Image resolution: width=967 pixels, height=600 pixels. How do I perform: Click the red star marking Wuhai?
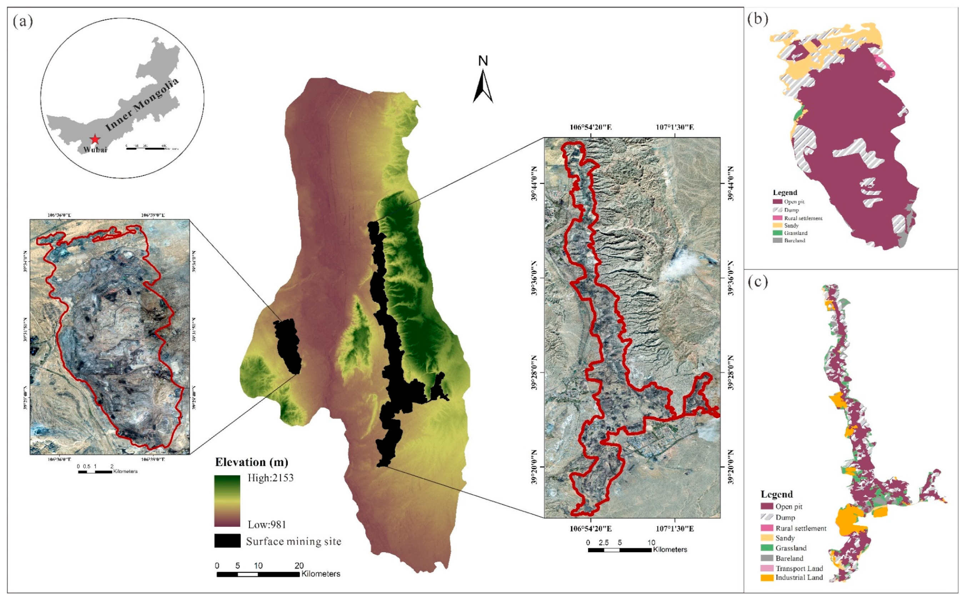[95, 139]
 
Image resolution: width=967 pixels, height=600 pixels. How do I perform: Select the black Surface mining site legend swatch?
[227, 541]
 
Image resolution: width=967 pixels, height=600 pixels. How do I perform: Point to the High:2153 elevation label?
[271, 478]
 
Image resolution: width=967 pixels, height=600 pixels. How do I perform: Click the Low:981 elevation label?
[266, 525]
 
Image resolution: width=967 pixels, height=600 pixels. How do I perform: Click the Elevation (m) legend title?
[251, 462]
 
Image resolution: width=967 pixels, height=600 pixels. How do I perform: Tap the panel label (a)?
[23, 21]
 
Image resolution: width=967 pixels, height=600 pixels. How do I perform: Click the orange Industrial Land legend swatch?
[767, 578]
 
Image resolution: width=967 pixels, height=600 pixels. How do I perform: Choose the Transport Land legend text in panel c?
[799, 568]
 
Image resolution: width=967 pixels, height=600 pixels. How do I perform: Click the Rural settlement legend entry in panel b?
[803, 218]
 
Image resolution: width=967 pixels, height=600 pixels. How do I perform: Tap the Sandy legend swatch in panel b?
[777, 225]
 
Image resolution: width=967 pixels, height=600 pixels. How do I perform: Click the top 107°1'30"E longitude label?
[675, 127]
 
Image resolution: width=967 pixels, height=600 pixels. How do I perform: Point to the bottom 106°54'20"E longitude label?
[591, 529]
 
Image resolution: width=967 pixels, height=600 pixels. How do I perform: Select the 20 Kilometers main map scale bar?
[258, 574]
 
